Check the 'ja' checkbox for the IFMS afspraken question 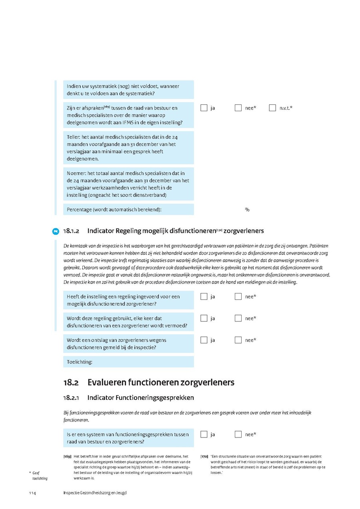tap(204, 108)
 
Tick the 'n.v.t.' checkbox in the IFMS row tap(273, 108)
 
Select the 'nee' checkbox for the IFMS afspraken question tap(238, 108)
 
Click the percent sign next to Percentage tap(247, 210)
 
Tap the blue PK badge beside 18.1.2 tap(56, 231)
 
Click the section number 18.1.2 tap(72, 231)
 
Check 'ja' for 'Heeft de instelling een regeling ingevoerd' tap(204, 297)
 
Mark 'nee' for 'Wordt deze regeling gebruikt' tap(238, 319)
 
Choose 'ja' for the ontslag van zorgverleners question tap(204, 340)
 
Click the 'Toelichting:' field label tap(80, 362)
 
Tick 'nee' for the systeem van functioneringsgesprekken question tap(238, 435)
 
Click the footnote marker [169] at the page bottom tap(67, 457)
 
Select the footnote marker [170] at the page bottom tap(204, 457)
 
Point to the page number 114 tap(32, 493)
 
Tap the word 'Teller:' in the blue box tap(74, 137)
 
